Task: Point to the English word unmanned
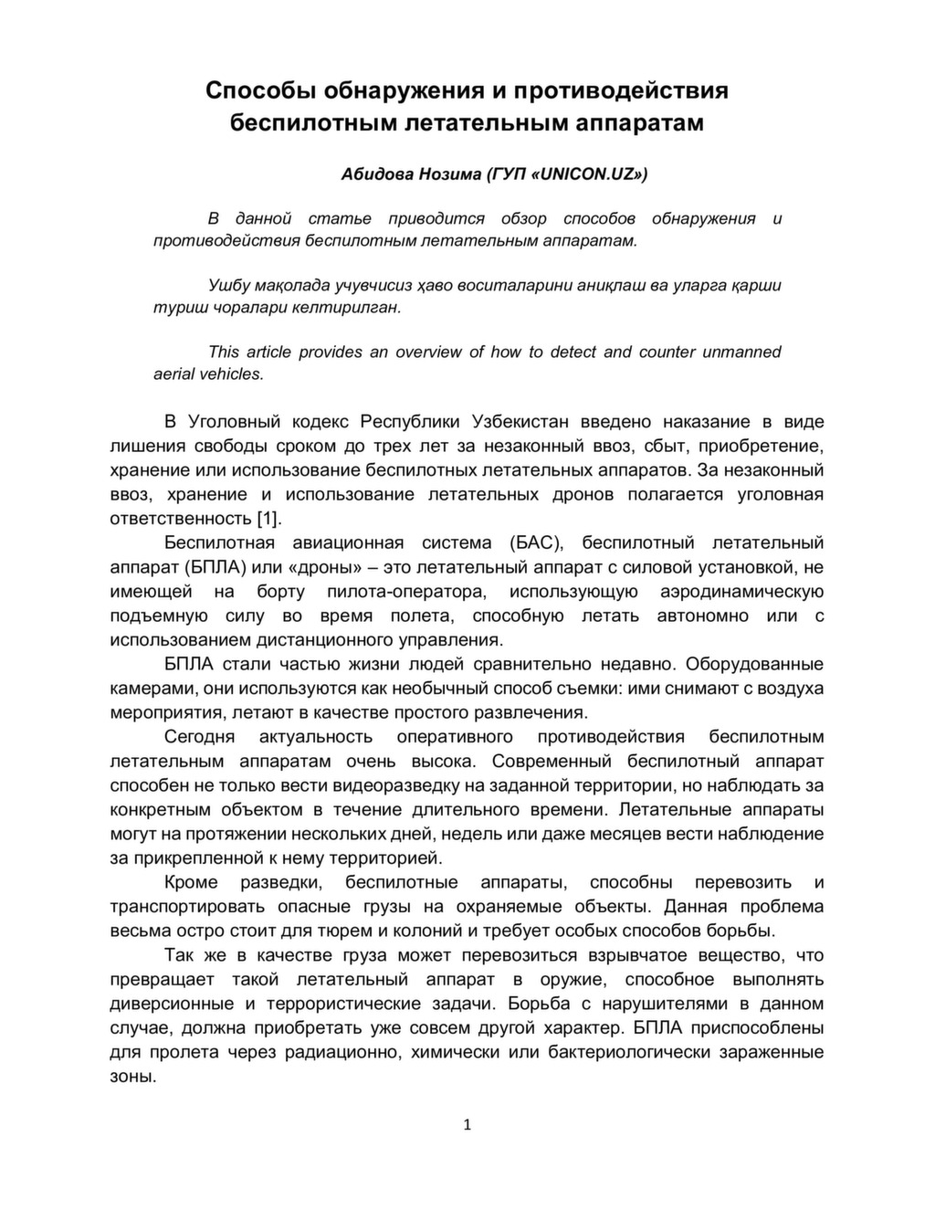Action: click(741, 352)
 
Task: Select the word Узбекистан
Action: click(520, 422)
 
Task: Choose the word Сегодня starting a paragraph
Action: click(200, 737)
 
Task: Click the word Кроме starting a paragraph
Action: click(192, 882)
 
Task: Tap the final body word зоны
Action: click(132, 1076)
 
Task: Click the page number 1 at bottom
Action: click(467, 1125)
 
